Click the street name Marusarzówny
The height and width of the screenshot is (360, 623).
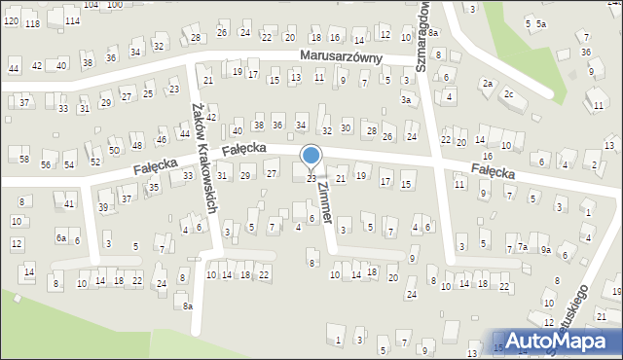click(x=354, y=58)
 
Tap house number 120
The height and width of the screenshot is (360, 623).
click(x=11, y=20)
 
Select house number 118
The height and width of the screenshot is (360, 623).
click(x=33, y=23)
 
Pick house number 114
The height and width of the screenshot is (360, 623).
click(x=71, y=20)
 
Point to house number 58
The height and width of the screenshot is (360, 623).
click(x=24, y=159)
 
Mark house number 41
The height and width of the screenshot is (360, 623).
click(x=69, y=203)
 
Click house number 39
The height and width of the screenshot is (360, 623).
click(x=103, y=207)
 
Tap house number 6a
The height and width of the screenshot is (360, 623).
click(x=60, y=238)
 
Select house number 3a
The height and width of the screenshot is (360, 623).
click(x=406, y=99)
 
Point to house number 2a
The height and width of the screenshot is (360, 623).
click(x=486, y=84)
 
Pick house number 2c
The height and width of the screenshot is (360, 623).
click(x=508, y=93)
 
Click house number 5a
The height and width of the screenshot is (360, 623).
click(x=541, y=23)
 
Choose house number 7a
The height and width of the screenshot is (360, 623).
click(x=523, y=247)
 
